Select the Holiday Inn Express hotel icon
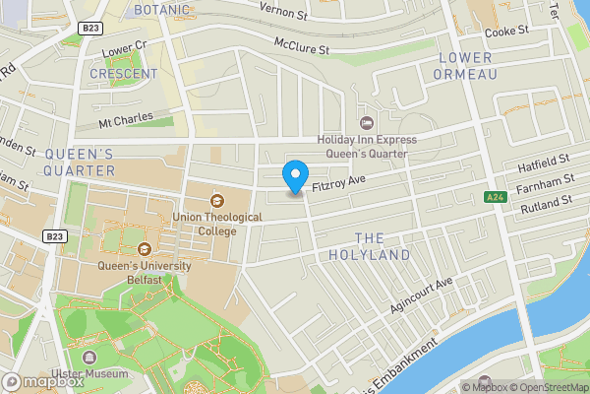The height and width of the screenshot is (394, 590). [x=368, y=123]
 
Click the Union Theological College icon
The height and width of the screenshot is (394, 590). [x=217, y=200]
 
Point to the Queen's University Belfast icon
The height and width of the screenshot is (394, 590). [x=145, y=248]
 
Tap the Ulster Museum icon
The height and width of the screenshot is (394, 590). [x=90, y=357]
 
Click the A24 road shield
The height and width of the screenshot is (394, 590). [x=496, y=197]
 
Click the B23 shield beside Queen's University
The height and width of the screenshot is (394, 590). [x=56, y=236]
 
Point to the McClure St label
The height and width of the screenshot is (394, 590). [x=301, y=47]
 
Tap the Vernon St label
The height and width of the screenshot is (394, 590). [x=285, y=9]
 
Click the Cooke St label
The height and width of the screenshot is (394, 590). [x=506, y=31]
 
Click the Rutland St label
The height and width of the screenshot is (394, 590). [x=546, y=203]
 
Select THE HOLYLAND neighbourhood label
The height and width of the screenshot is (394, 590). [x=382, y=246]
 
